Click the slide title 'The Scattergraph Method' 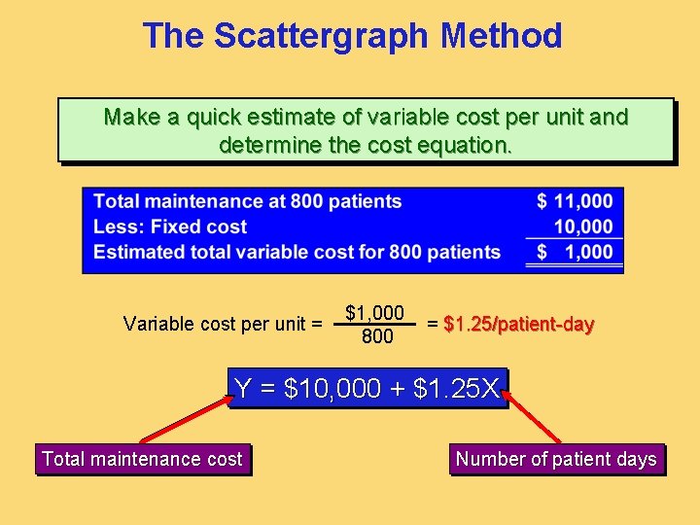(x=352, y=36)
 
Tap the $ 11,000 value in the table (x=575, y=201)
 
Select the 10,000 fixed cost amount (x=583, y=227)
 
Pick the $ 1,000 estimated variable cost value (x=575, y=252)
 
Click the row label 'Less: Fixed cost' (x=170, y=227)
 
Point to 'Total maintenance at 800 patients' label (x=247, y=201)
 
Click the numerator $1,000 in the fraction (x=375, y=313)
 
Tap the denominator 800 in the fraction (x=376, y=336)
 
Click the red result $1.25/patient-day (x=518, y=324)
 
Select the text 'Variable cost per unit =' (x=223, y=324)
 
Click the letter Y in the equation (x=243, y=389)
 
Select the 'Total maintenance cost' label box (x=142, y=459)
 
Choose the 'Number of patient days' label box (x=556, y=459)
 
